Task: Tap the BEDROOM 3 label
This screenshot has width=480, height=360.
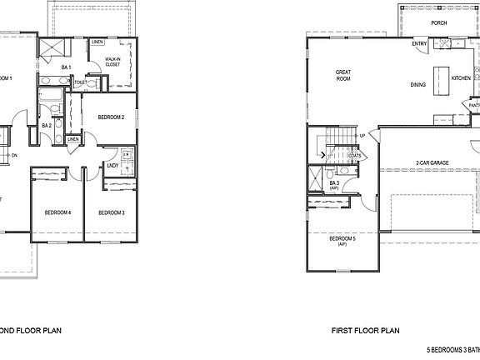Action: (111, 213)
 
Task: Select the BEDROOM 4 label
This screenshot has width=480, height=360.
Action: (57, 213)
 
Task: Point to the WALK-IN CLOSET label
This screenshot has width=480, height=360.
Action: (113, 62)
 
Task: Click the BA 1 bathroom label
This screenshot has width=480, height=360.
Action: (65, 67)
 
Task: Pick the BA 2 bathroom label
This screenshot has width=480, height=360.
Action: (47, 125)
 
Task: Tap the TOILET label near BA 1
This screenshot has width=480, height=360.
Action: (80, 82)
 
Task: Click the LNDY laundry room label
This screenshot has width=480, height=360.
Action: (111, 165)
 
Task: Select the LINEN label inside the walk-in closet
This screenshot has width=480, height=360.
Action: (97, 41)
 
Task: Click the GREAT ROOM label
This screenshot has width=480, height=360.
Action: (342, 76)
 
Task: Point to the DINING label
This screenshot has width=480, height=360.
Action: (418, 85)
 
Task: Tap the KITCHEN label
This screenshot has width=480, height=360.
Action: (461, 77)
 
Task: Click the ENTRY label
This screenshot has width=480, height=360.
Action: (420, 43)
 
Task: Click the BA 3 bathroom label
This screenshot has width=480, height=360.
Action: (334, 184)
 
